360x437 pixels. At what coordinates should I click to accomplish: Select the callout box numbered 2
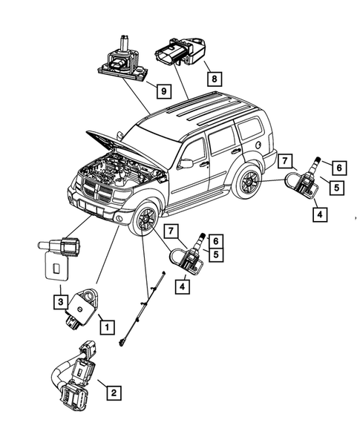click(x=113, y=393)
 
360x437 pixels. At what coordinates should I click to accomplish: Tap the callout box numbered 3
click(x=59, y=301)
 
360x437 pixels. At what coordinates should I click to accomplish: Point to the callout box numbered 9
click(x=161, y=92)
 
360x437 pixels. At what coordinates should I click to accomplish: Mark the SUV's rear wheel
click(x=247, y=183)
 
